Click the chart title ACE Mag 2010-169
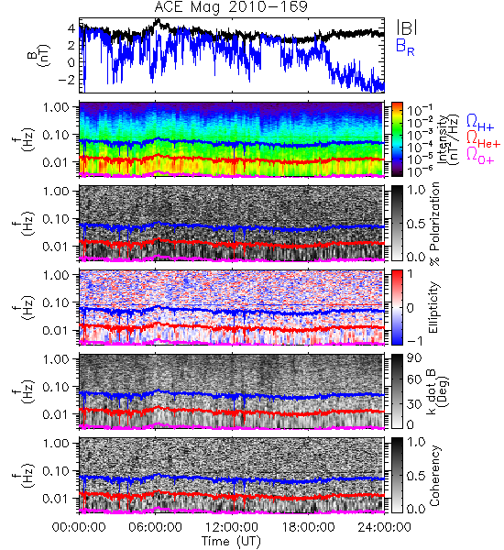(231, 6)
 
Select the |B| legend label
(407, 27)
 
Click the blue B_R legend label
(405, 47)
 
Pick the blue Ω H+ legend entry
(480, 123)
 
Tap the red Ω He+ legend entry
(483, 139)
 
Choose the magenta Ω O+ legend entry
(480, 156)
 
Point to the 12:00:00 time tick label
(232, 527)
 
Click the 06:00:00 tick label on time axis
(156, 527)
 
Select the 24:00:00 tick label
(384, 527)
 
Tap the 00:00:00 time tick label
(79, 527)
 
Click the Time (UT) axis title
(231, 541)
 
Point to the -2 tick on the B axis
(67, 79)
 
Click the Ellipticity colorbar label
(433, 308)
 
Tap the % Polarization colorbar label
(434, 224)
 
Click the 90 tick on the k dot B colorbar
(414, 358)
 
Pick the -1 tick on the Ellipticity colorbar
(414, 341)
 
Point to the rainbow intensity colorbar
(397, 139)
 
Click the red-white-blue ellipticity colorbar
(397, 308)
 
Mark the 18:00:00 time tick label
(308, 527)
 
